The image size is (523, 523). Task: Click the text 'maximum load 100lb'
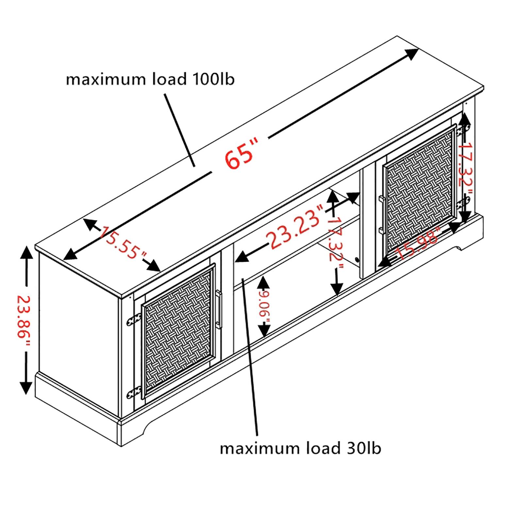(150, 79)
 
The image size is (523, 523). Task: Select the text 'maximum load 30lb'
(300, 448)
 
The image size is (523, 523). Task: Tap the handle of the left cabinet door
(218, 309)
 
